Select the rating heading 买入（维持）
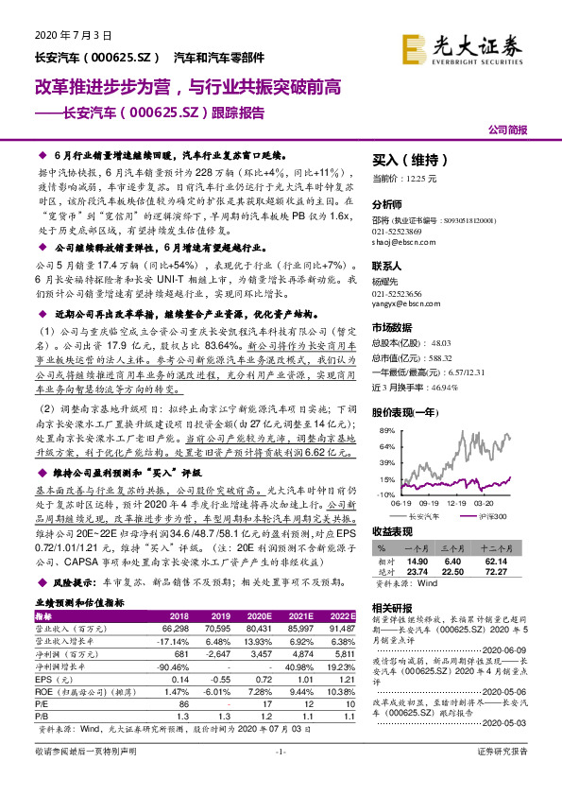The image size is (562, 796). click(408, 161)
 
